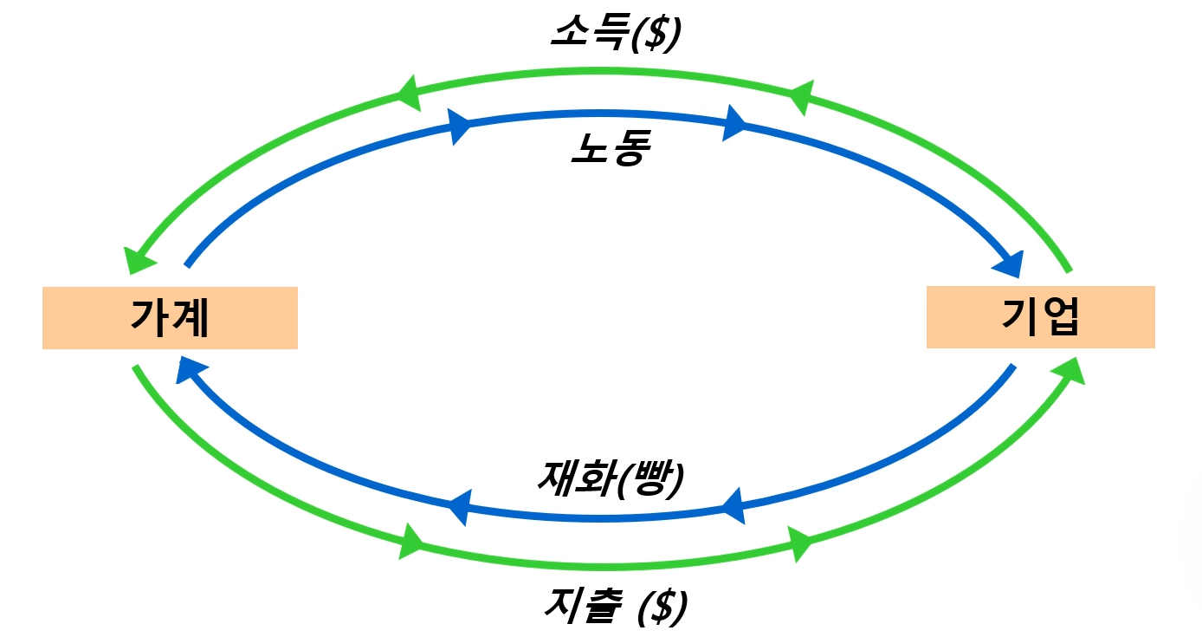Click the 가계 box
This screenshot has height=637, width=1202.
tap(170, 318)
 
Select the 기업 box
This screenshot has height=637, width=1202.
tap(1040, 317)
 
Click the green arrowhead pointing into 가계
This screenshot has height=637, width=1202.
tap(138, 261)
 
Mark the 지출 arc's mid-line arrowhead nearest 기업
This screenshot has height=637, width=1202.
tap(799, 543)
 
